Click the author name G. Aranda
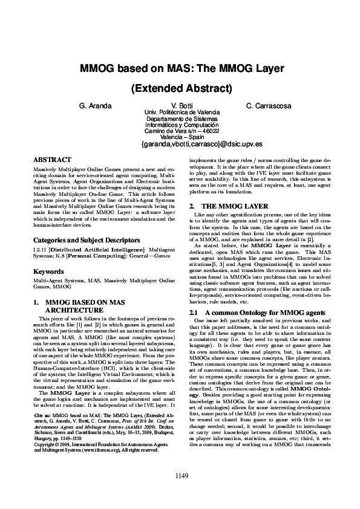point(95,106)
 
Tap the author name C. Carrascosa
point(269,106)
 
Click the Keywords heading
point(48,271)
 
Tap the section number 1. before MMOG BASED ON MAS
point(36,302)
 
